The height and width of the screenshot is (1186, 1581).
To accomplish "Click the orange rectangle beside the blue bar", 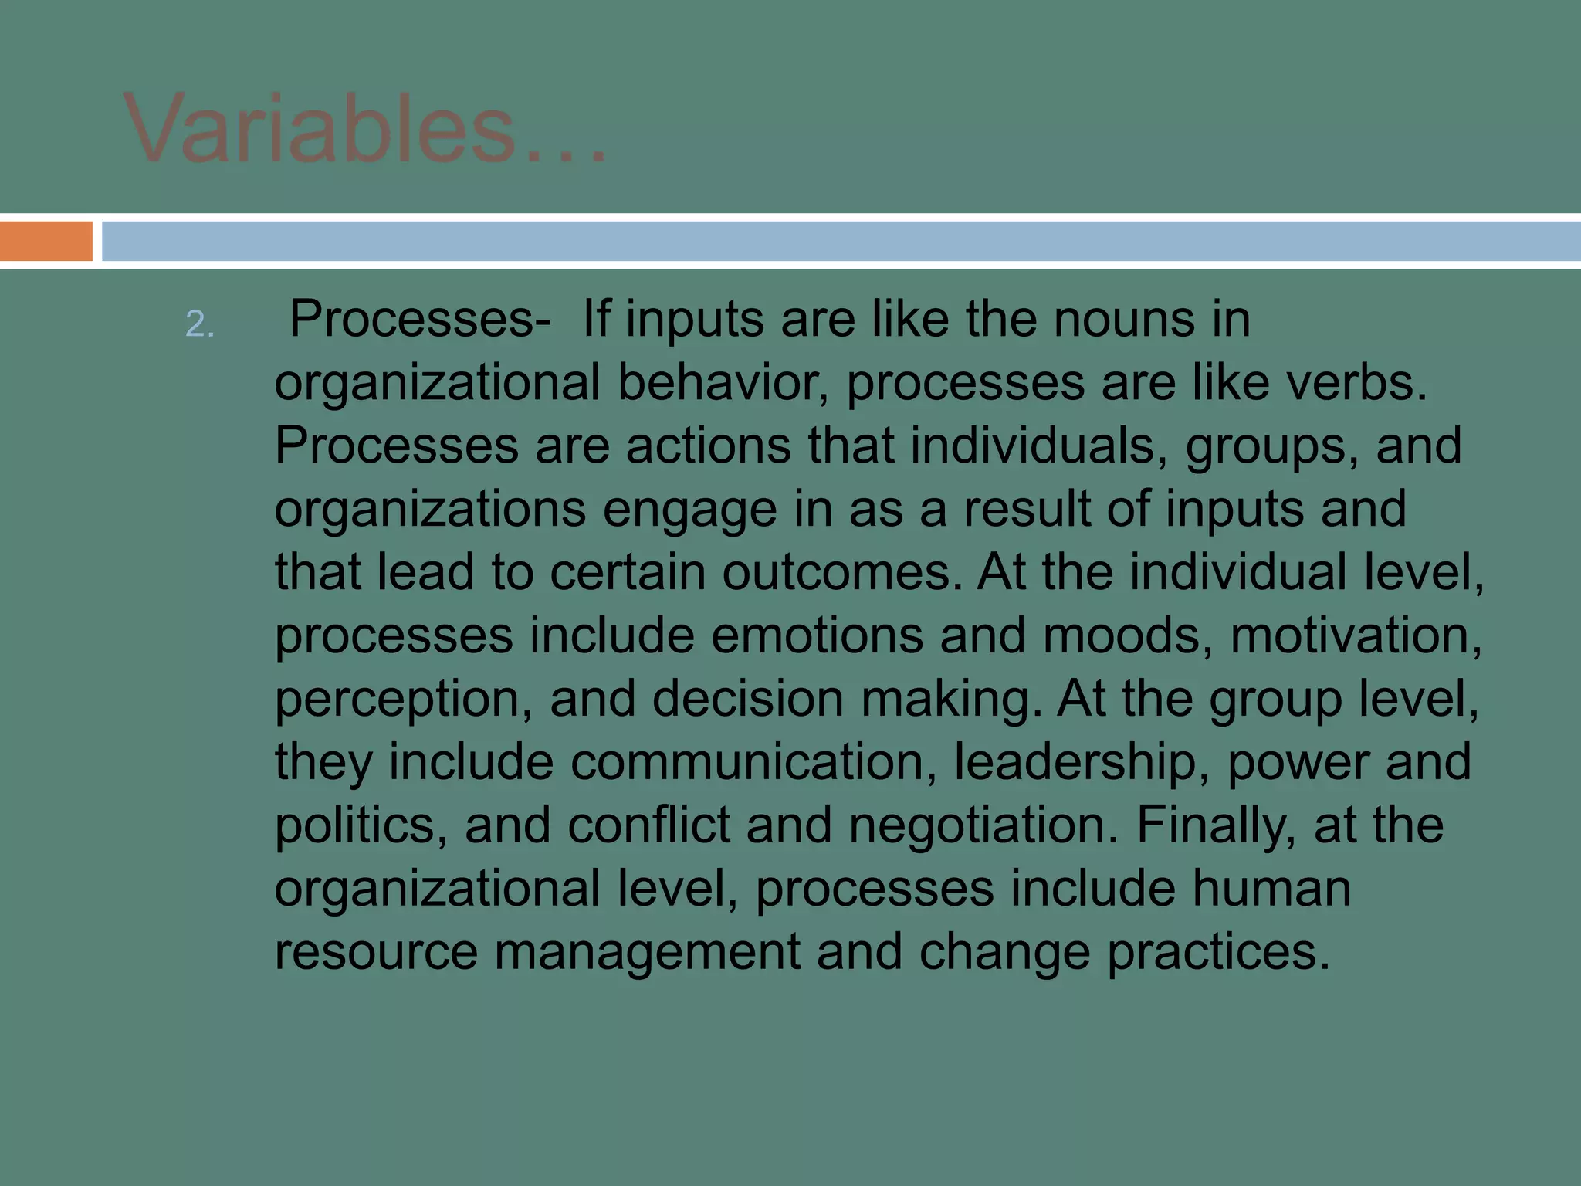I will [46, 241].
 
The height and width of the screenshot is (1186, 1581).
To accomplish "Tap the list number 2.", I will [199, 324].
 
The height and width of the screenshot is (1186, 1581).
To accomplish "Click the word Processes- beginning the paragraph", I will [420, 320].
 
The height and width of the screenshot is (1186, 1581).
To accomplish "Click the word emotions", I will [817, 636].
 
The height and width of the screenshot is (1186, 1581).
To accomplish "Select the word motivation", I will [1356, 636].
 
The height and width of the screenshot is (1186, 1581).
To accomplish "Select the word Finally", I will [1215, 826].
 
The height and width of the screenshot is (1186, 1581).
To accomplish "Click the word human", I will [1271, 889].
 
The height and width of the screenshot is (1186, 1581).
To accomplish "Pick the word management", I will [647, 952].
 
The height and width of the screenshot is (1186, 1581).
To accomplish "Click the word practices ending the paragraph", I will [1218, 952].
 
